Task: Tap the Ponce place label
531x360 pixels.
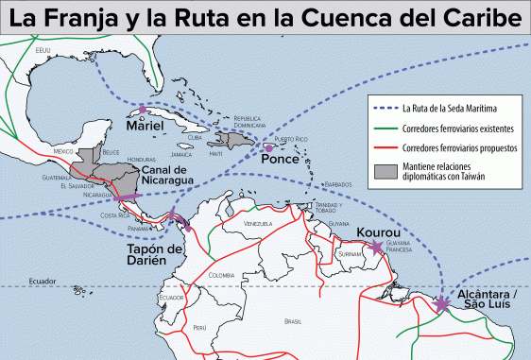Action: point(280,160)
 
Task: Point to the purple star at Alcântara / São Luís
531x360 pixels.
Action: point(443,303)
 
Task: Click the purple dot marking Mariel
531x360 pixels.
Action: point(143,110)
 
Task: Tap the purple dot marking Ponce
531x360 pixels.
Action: point(269,148)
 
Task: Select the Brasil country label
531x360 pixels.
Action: point(292,321)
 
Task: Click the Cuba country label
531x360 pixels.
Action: point(195,138)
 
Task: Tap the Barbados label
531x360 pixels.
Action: point(336,184)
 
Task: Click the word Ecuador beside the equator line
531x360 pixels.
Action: point(42,282)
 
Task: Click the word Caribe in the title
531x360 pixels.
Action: point(476,19)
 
